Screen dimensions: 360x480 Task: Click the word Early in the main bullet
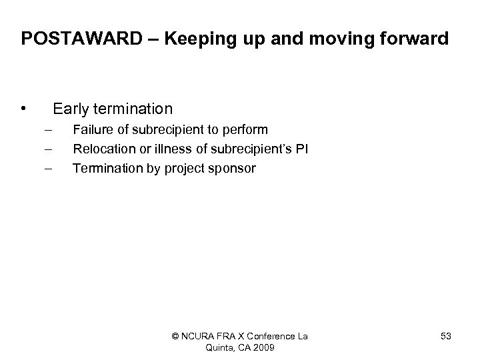pos(71,109)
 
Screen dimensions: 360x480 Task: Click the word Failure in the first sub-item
pos(93,129)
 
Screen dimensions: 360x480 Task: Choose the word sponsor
pos(233,169)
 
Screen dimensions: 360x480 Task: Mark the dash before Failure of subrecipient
pos(48,129)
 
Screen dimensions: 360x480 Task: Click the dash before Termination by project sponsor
pos(48,169)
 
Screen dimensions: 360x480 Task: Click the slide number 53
pos(445,337)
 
